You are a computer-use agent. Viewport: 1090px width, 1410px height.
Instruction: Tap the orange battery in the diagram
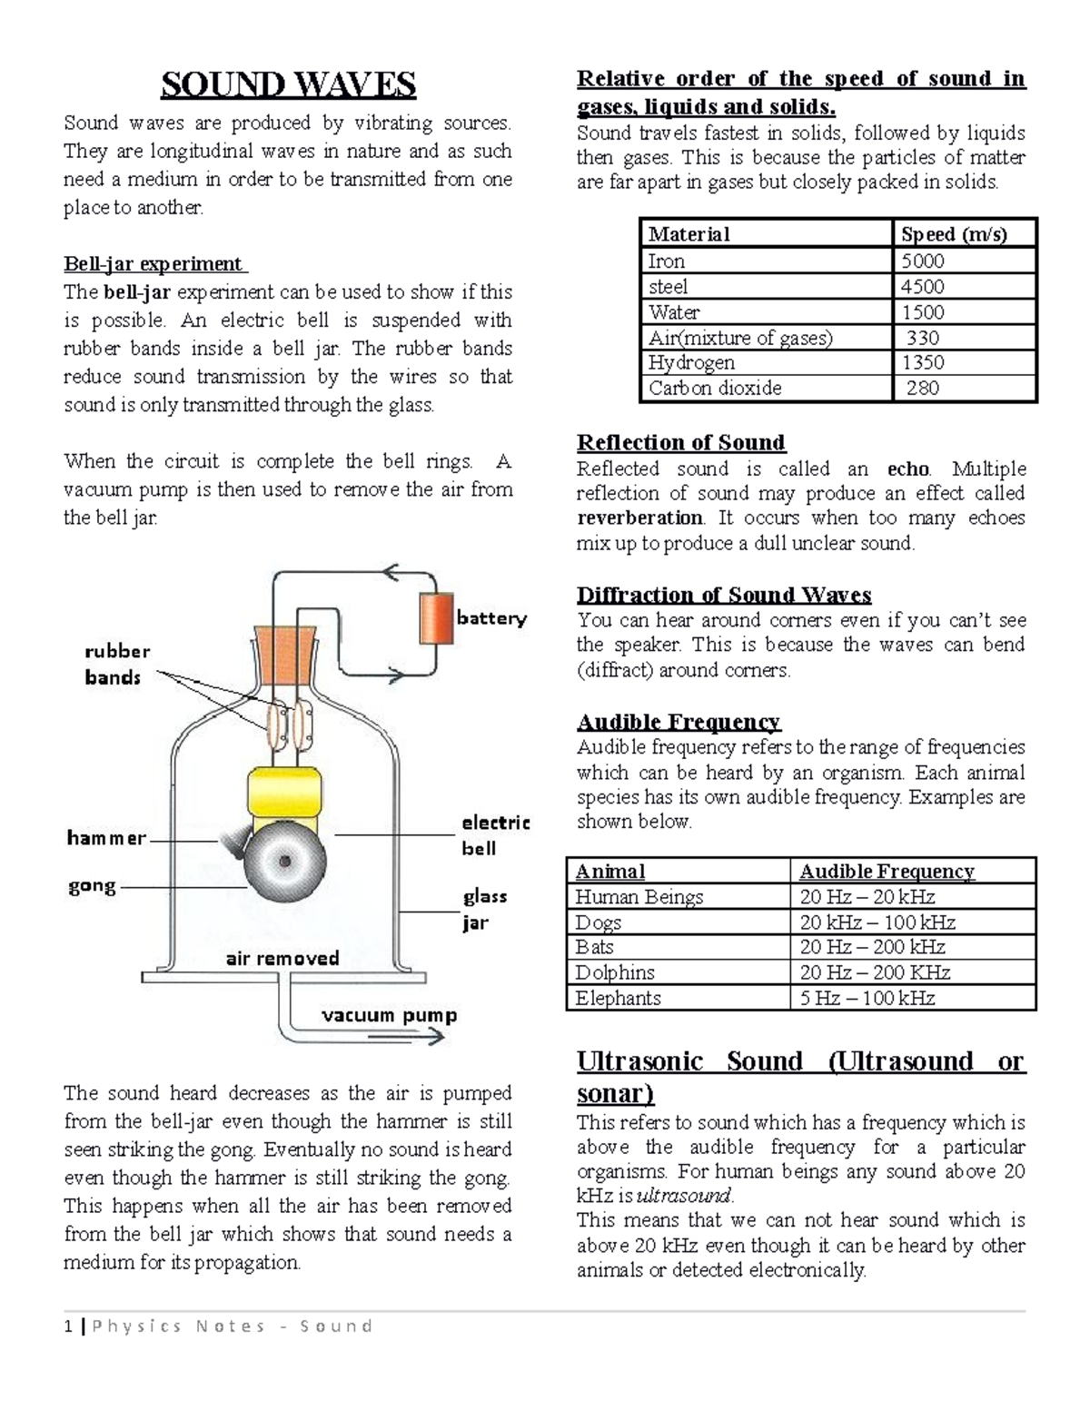[x=436, y=618]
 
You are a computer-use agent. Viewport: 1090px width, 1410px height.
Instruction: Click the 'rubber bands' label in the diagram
[x=116, y=664]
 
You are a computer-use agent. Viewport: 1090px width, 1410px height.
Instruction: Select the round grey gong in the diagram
[x=285, y=860]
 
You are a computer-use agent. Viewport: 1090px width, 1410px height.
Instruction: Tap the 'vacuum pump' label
[x=389, y=1015]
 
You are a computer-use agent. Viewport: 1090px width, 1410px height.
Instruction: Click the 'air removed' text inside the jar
[x=282, y=958]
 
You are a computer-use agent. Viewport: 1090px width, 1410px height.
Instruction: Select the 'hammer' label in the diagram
[x=105, y=838]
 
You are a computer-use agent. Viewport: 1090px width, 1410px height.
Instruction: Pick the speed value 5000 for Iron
[x=922, y=261]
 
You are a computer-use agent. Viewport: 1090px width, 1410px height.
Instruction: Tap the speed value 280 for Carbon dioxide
[x=922, y=389]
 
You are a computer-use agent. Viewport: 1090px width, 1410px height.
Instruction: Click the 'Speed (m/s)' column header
[x=953, y=234]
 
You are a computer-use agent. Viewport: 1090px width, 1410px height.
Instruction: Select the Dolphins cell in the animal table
[x=615, y=972]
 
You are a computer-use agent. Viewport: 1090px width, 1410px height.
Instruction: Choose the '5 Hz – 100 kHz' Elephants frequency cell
[x=867, y=998]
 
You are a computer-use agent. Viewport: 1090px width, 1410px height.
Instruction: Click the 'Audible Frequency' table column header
[x=886, y=872]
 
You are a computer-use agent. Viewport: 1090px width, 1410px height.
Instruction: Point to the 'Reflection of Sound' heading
[x=680, y=443]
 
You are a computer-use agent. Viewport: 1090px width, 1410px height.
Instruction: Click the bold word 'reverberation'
[x=639, y=518]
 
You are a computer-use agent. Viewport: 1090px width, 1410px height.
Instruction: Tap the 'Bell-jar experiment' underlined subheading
[x=154, y=264]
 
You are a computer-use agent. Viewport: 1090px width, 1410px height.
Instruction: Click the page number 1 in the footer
[x=68, y=1326]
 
